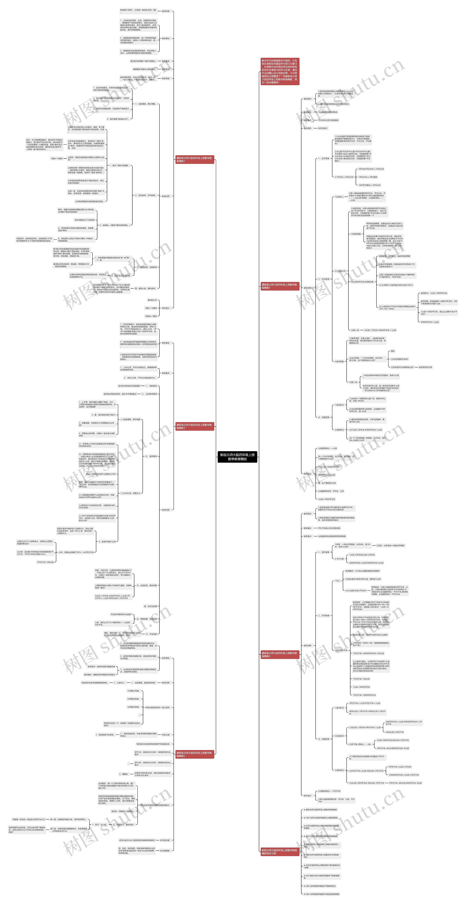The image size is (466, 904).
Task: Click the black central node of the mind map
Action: (237, 457)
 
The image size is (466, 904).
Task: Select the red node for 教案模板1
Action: (195, 160)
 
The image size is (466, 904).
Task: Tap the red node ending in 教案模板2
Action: (279, 286)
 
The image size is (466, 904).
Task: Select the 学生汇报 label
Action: (165, 734)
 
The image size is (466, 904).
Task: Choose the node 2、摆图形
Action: (123, 774)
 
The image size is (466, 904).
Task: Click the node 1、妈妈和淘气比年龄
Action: (104, 734)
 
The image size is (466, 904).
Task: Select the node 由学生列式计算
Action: (425, 367)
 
